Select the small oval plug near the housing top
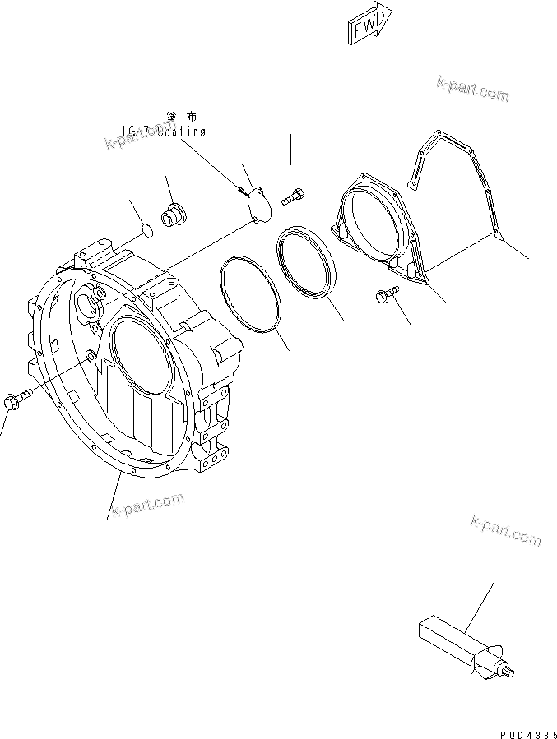145,230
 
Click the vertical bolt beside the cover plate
292,196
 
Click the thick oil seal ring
307,259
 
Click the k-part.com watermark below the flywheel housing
147,502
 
